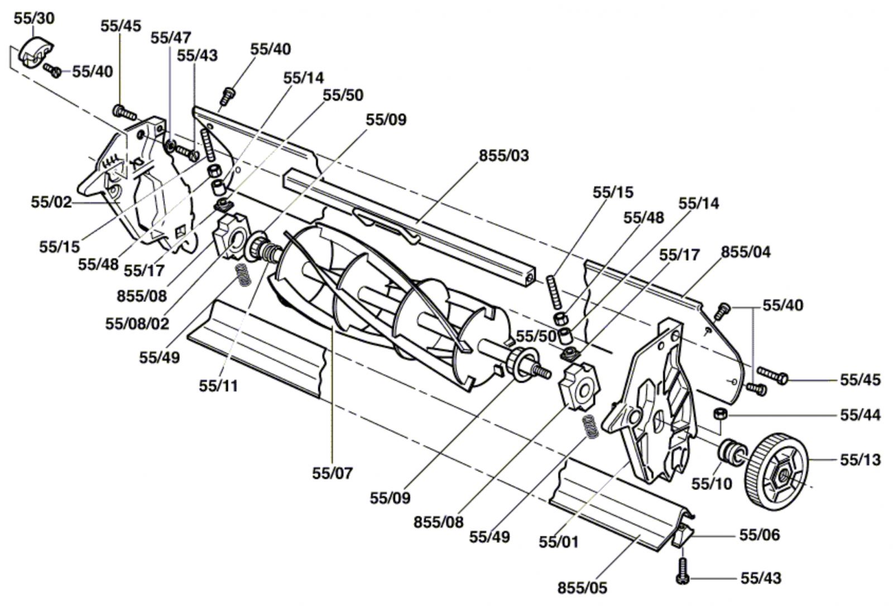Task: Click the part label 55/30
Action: (x=34, y=18)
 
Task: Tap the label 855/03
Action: (x=504, y=156)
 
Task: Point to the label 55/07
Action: (x=333, y=473)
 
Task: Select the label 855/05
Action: (x=583, y=588)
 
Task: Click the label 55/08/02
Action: (x=137, y=324)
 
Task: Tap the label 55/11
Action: (x=218, y=386)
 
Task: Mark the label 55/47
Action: (x=171, y=38)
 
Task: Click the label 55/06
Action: (x=760, y=535)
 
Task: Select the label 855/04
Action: (x=746, y=252)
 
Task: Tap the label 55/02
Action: (x=51, y=202)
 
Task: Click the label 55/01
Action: (x=559, y=542)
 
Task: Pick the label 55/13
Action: (x=860, y=460)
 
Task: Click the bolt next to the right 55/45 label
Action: (x=772, y=375)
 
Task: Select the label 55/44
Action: (x=860, y=415)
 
